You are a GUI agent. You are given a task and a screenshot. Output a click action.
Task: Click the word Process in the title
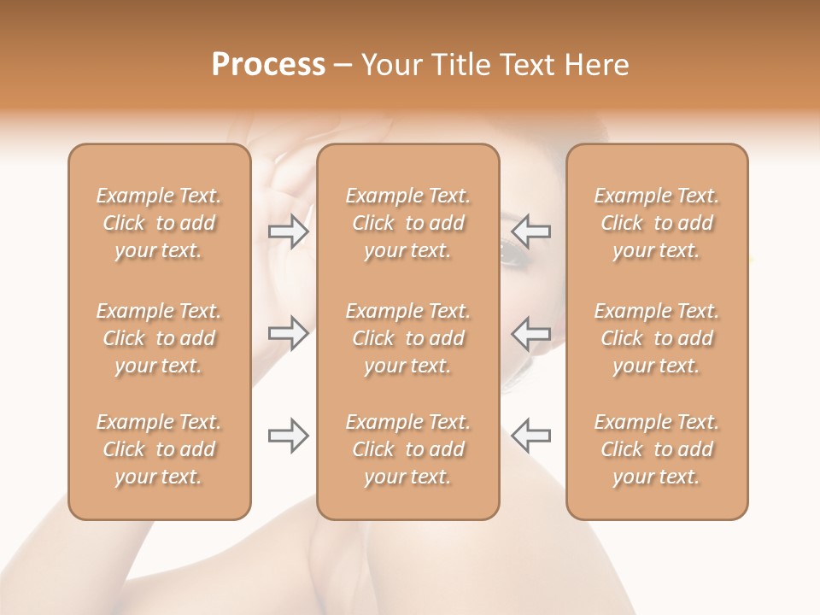tap(268, 65)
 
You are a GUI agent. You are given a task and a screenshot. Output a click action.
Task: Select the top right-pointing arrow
tap(289, 231)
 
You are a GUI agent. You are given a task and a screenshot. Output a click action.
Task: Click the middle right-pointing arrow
tap(289, 332)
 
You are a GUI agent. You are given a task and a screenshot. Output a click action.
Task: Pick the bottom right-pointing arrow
tap(289, 436)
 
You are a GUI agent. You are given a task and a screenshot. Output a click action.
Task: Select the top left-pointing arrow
tap(530, 231)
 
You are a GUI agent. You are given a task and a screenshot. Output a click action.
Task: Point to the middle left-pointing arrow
tap(530, 332)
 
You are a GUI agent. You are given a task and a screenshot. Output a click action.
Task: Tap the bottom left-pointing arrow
tap(530, 436)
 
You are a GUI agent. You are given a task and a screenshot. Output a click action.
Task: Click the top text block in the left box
tap(159, 223)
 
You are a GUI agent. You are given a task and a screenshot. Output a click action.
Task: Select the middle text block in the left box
tap(159, 338)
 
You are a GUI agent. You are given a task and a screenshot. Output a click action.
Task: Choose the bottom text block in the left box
tap(159, 449)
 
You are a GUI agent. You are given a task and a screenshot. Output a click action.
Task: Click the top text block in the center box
tap(408, 223)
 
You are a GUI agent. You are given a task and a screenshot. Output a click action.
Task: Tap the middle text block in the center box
tap(408, 338)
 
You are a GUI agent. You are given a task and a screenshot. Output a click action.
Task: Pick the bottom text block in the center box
tap(408, 449)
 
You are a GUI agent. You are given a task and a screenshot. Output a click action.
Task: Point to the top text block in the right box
tap(657, 223)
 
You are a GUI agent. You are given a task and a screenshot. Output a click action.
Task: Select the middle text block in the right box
tap(657, 338)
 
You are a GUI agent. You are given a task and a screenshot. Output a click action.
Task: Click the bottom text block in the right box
tap(657, 449)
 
